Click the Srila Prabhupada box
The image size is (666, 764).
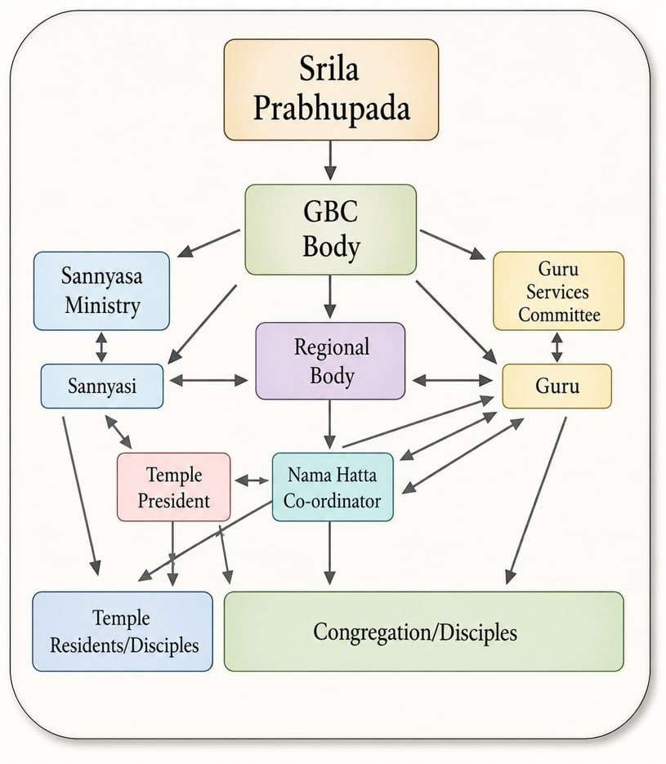point(331,90)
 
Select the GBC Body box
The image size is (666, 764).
point(330,230)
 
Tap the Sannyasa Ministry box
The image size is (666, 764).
point(101,291)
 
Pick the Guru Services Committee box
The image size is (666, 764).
point(558,291)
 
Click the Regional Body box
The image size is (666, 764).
point(330,360)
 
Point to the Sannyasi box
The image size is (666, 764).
point(102,386)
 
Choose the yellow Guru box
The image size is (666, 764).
point(556,386)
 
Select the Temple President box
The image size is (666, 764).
point(173,487)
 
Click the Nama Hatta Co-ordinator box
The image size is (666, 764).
point(333,487)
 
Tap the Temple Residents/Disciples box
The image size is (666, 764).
point(123,632)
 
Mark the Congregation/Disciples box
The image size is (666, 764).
point(424,632)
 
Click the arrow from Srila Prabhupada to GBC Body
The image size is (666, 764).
point(330,161)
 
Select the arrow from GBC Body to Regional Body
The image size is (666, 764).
point(330,297)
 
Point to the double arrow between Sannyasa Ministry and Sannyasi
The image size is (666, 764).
point(101,347)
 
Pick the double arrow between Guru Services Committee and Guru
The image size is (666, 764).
point(556,347)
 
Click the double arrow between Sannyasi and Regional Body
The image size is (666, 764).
point(208,381)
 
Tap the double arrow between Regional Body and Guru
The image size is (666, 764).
point(453,381)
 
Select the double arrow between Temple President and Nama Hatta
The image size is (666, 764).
point(252,481)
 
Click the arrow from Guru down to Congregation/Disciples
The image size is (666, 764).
point(536,500)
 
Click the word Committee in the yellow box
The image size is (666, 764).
point(559,315)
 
